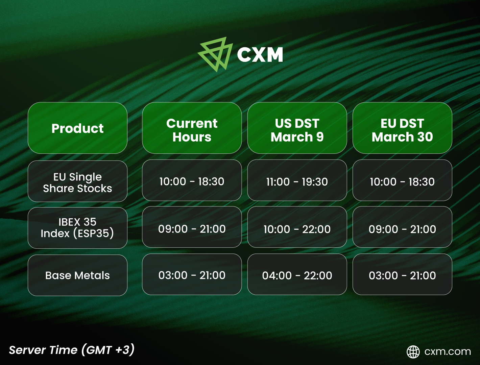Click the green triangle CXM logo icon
(215, 55)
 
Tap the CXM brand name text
(260, 55)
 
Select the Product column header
(78, 128)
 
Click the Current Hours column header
(192, 128)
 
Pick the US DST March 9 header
(297, 128)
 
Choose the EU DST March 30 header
(402, 128)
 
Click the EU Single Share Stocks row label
(78, 181)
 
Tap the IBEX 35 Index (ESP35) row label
(78, 228)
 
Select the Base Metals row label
(78, 275)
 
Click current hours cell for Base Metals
(192, 274)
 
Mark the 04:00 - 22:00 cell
(297, 274)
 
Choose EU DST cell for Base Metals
(402, 274)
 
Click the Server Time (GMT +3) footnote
(72, 350)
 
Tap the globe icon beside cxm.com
(413, 352)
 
